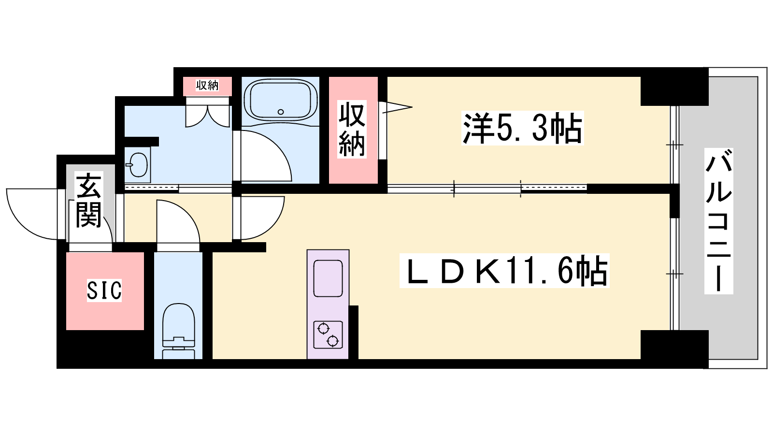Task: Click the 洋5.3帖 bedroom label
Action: (x=522, y=128)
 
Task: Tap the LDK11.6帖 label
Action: (x=504, y=271)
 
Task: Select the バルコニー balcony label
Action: (x=718, y=221)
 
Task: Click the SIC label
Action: (x=104, y=290)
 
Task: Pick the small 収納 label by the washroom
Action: (x=207, y=85)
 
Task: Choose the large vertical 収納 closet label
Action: (x=352, y=130)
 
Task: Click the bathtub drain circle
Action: (x=281, y=112)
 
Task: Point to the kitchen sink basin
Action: (x=328, y=278)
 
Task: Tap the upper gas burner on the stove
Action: (x=323, y=328)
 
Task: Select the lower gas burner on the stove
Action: (x=333, y=341)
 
